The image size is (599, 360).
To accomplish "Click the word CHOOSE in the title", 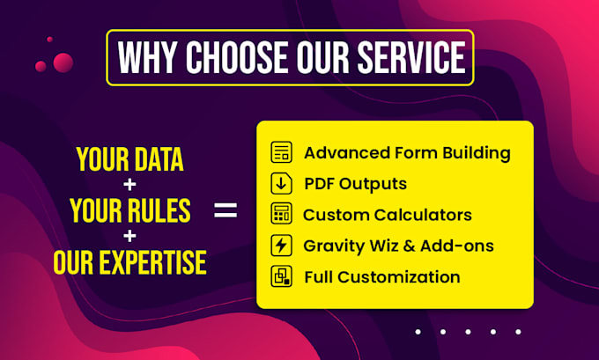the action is (x=237, y=57).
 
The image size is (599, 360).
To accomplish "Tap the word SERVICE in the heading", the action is (x=411, y=57).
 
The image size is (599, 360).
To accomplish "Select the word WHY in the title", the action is (x=147, y=57).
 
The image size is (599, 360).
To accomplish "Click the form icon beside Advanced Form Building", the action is (x=282, y=152).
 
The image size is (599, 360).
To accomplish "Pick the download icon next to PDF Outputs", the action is (x=282, y=183).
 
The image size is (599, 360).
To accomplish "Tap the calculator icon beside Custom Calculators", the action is (x=282, y=214).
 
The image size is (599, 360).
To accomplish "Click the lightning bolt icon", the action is (x=282, y=245).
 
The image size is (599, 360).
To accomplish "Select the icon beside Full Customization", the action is (x=282, y=276).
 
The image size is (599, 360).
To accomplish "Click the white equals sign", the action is (x=226, y=210).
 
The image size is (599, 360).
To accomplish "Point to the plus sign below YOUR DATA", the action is (x=129, y=185).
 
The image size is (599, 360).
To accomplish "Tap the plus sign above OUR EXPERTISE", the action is (x=129, y=236).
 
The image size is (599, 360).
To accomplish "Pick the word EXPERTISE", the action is (x=152, y=262).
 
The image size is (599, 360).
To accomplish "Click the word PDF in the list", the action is (x=319, y=184).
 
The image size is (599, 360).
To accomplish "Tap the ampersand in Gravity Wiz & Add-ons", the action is (x=409, y=246).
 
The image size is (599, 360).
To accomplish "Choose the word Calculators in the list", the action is (x=423, y=215).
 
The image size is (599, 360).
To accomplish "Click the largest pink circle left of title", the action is (x=63, y=62).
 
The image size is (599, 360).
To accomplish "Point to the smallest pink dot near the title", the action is (x=49, y=40).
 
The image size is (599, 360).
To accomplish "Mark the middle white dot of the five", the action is (x=468, y=332).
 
